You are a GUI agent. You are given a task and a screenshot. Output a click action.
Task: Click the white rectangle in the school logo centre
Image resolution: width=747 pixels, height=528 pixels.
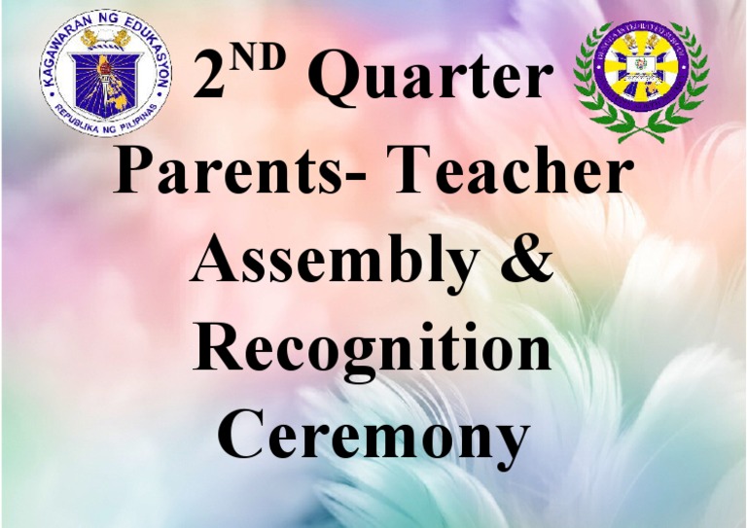[640, 65]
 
